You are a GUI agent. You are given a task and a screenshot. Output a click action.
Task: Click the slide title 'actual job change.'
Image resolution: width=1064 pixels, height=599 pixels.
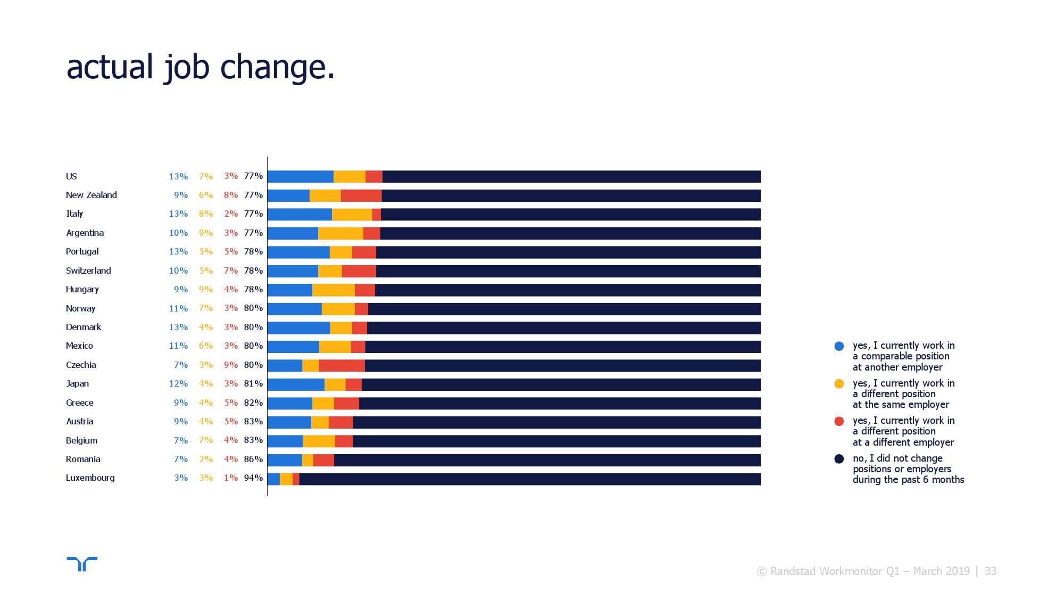pyautogui.click(x=201, y=68)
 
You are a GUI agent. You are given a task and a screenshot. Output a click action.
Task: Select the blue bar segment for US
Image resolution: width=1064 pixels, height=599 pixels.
pyautogui.click(x=301, y=177)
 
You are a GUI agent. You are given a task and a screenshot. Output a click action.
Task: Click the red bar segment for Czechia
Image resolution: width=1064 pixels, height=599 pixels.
pyautogui.click(x=342, y=365)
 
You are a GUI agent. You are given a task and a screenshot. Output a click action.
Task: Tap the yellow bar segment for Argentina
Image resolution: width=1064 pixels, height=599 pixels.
pyautogui.click(x=340, y=233)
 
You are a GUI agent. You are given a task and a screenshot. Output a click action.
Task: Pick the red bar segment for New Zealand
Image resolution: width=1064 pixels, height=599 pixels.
pyautogui.click(x=361, y=195)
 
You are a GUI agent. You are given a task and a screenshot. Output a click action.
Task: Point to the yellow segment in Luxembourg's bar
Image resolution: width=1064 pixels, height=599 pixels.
pyautogui.click(x=286, y=479)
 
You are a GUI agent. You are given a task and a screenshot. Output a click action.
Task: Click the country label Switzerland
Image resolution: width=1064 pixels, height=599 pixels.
pyautogui.click(x=88, y=270)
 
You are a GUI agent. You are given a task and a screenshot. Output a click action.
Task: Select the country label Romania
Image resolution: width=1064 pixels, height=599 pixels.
pyautogui.click(x=83, y=459)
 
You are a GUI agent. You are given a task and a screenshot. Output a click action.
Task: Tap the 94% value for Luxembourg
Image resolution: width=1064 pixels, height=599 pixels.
pyautogui.click(x=253, y=478)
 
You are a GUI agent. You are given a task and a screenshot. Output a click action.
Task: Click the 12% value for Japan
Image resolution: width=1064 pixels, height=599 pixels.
pyautogui.click(x=178, y=383)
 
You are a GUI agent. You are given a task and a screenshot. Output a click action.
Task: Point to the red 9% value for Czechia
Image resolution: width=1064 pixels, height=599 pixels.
pyautogui.click(x=231, y=365)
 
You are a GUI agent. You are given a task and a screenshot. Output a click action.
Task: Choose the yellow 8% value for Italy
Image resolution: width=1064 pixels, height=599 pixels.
pyautogui.click(x=206, y=214)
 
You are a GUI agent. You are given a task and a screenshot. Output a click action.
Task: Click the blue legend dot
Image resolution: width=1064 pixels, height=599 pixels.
pyautogui.click(x=839, y=346)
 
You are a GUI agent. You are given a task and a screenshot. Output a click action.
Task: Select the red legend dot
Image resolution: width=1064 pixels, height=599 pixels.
pyautogui.click(x=839, y=421)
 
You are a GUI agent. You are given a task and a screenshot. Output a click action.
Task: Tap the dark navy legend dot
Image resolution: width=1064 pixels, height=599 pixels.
pyautogui.click(x=839, y=458)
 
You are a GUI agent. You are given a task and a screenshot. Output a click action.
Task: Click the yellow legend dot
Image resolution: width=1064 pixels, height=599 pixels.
pyautogui.click(x=839, y=383)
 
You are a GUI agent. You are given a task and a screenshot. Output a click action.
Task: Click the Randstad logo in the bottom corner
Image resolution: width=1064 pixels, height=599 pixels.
pyautogui.click(x=82, y=564)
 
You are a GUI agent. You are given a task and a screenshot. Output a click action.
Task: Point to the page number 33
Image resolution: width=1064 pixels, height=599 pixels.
pyautogui.click(x=991, y=571)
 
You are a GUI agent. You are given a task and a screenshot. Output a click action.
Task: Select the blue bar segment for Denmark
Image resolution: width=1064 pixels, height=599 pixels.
pyautogui.click(x=298, y=328)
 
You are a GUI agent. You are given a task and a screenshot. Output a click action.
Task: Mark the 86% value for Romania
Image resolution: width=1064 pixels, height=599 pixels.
pyautogui.click(x=253, y=459)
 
